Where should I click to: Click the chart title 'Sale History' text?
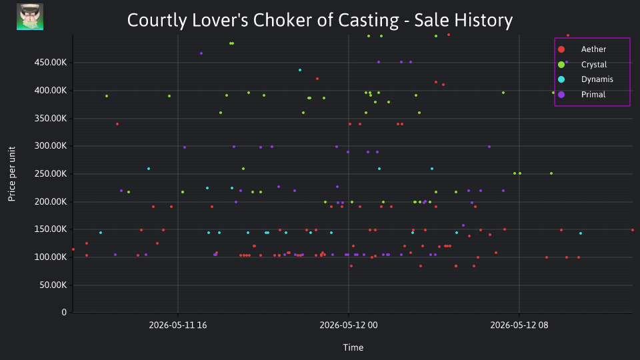coord(463,21)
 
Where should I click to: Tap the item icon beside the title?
coord(30,17)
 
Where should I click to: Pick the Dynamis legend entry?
coord(585,79)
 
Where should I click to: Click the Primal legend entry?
coord(582,94)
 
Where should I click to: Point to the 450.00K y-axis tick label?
coord(51,63)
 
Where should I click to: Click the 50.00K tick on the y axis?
coord(53,285)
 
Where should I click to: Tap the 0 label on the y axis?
coord(64,312)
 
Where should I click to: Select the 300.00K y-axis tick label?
coord(51,146)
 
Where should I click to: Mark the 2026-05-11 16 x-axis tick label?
coord(178,325)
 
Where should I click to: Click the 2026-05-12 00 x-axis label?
coord(349,325)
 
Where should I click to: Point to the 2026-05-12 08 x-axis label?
coord(519,325)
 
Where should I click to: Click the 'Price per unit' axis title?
coord(12,174)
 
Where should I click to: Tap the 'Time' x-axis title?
coord(353,347)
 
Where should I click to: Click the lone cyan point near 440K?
coord(300,70)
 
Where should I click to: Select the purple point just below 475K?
coord(201,53)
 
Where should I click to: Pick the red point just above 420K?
coord(317,79)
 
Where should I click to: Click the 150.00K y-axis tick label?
coord(51,229)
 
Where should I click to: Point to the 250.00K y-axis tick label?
coord(51,173)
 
